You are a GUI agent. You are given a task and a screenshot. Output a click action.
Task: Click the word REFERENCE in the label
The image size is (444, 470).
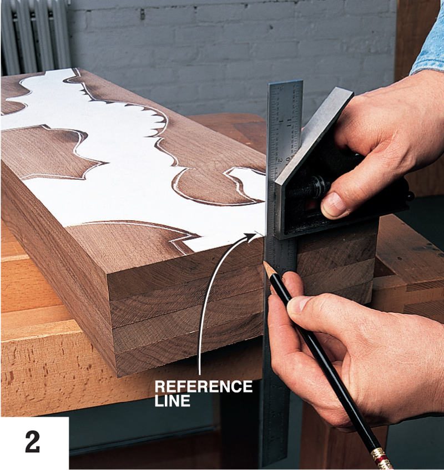coord(204,386)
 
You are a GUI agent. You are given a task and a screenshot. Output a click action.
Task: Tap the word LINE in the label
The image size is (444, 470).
coord(173,401)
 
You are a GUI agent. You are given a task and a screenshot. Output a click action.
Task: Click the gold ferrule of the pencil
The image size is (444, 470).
coord(380,457)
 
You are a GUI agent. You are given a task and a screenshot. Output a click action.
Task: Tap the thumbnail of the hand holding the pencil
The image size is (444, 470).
coord(297,304)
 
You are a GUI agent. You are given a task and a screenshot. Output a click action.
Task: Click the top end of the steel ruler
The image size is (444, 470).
coord(285,82)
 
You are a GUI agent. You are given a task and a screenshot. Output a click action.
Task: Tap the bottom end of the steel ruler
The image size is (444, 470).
coord(275,465)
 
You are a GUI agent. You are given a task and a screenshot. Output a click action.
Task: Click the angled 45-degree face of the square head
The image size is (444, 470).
coord(312,136)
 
